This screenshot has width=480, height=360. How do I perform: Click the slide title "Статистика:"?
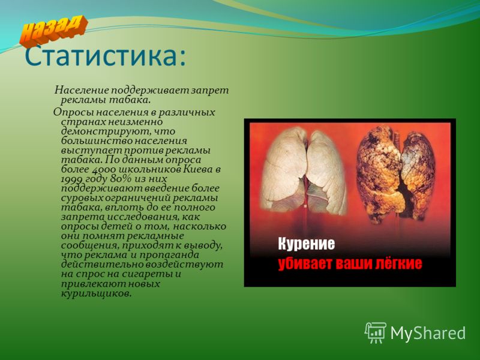click(x=105, y=56)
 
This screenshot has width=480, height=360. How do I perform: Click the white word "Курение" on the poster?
click(x=307, y=244)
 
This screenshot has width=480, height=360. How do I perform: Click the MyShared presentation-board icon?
click(x=376, y=333)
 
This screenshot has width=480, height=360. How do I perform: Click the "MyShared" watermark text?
click(x=428, y=333)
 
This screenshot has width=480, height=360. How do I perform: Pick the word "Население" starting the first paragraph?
click(x=82, y=91)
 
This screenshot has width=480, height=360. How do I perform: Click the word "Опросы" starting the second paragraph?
click(x=72, y=112)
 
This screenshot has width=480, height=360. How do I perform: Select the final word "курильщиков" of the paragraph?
click(x=97, y=293)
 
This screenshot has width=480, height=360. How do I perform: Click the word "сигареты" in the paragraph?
click(x=147, y=274)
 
